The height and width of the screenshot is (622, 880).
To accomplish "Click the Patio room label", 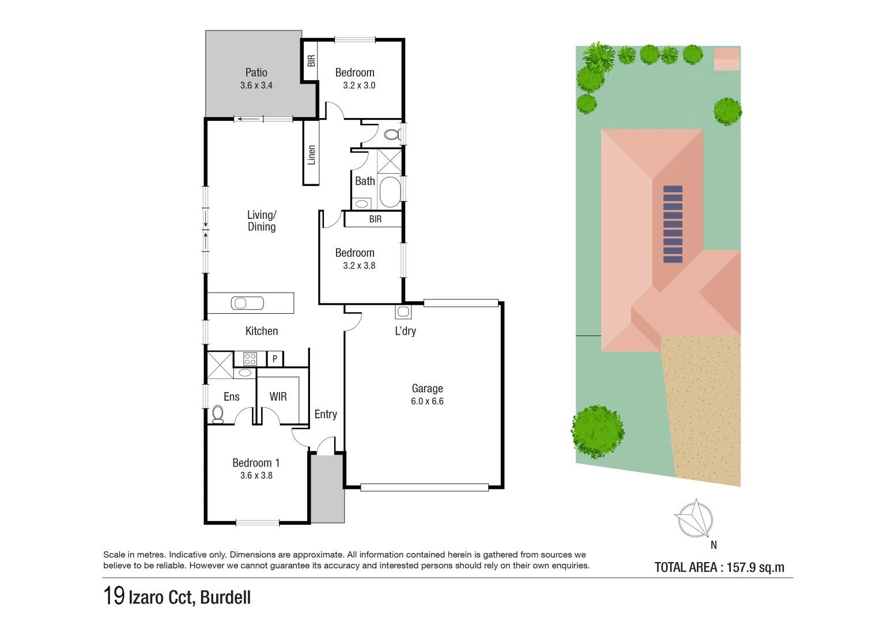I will point(256,73).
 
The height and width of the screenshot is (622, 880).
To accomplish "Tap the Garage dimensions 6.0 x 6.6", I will point(427,401).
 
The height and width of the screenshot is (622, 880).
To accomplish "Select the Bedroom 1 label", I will point(256,463).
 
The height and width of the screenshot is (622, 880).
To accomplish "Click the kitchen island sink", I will point(247,303).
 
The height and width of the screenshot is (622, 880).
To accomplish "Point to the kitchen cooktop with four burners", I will point(250,359).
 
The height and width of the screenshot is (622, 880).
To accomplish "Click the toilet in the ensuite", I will point(218,414).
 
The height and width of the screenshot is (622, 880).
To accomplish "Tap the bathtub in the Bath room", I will point(390,192).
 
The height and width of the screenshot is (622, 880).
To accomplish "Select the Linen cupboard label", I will point(311,155).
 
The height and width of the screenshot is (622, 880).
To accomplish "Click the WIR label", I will point(278,397).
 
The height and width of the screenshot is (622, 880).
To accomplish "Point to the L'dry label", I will point(405,331).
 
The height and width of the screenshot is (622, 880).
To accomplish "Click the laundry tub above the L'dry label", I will point(403,312).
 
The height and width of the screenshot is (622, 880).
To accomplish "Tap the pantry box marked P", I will point(275,359).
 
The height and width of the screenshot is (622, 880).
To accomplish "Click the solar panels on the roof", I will point(673,224).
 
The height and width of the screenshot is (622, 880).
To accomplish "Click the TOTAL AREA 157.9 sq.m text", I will point(719,567).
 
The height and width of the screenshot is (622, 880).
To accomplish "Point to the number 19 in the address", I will point(114,596).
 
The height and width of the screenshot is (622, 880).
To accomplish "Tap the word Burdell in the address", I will point(225,597).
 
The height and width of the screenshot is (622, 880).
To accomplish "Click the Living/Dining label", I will point(262,221).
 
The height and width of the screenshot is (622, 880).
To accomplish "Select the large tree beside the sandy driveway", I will point(598,431).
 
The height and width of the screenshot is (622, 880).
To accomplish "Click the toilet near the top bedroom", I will point(392,135).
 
